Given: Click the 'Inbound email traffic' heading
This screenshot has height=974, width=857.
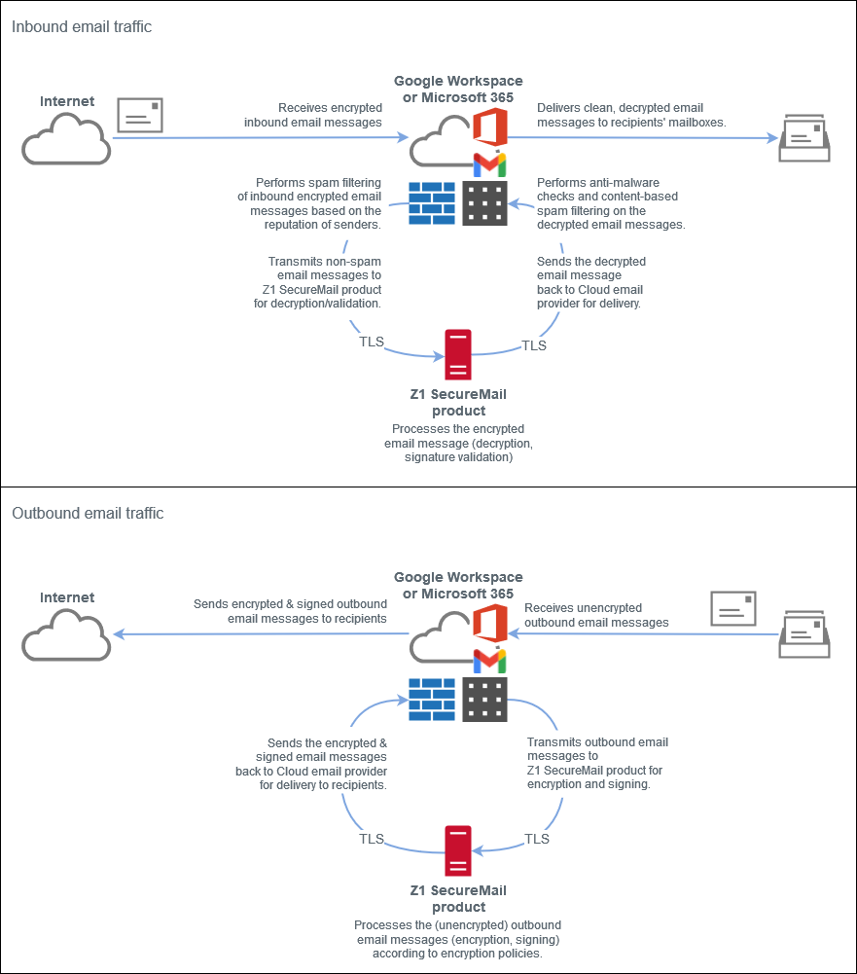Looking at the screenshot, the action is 82,26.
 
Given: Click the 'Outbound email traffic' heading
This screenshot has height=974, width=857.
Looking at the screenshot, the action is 88,513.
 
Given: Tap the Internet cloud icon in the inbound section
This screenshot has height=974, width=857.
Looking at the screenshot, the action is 66,140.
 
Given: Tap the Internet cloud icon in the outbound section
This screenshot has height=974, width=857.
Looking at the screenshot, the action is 66,636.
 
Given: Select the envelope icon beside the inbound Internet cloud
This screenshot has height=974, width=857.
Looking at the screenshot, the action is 140,115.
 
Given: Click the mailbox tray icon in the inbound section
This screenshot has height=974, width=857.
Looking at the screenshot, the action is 804,138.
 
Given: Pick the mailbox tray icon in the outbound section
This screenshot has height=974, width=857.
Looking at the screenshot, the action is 804,633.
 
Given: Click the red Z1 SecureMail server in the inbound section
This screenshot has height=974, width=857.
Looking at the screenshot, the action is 458,355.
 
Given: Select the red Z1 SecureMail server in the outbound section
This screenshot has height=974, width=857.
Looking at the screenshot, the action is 458,850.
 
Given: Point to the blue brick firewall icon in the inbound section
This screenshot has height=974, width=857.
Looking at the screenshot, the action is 432,203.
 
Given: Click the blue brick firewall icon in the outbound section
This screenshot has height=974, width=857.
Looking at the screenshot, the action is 432,700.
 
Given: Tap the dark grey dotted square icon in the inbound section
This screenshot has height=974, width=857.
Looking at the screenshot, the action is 485,203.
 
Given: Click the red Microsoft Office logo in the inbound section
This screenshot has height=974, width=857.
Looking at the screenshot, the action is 490,127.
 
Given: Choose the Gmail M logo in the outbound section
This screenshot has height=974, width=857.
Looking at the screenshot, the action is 490,661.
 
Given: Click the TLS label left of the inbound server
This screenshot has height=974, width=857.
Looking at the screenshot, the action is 372,343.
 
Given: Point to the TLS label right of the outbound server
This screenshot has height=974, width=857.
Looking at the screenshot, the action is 537,839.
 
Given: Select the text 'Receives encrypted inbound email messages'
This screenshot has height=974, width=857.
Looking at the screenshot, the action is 313,115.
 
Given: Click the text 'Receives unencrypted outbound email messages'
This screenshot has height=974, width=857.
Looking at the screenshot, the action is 597,615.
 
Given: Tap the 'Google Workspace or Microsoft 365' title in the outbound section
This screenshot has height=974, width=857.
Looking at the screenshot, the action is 458,585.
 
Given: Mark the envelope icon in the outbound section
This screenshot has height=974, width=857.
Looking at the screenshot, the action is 733,609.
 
